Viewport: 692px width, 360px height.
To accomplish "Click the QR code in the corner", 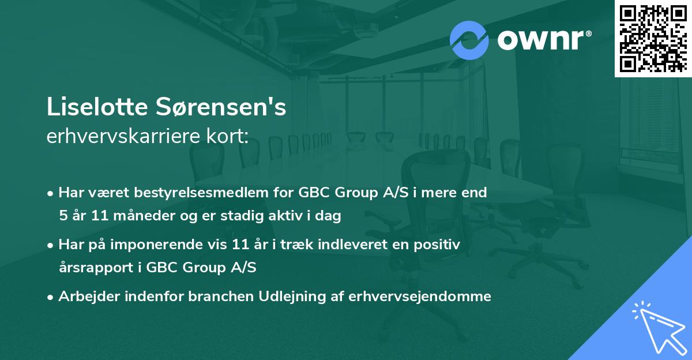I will [653, 38].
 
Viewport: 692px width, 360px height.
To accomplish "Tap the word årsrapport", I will [96, 268].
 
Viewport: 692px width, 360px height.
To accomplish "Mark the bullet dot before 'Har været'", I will [52, 193].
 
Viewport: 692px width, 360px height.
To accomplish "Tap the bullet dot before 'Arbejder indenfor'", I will [52, 297].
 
